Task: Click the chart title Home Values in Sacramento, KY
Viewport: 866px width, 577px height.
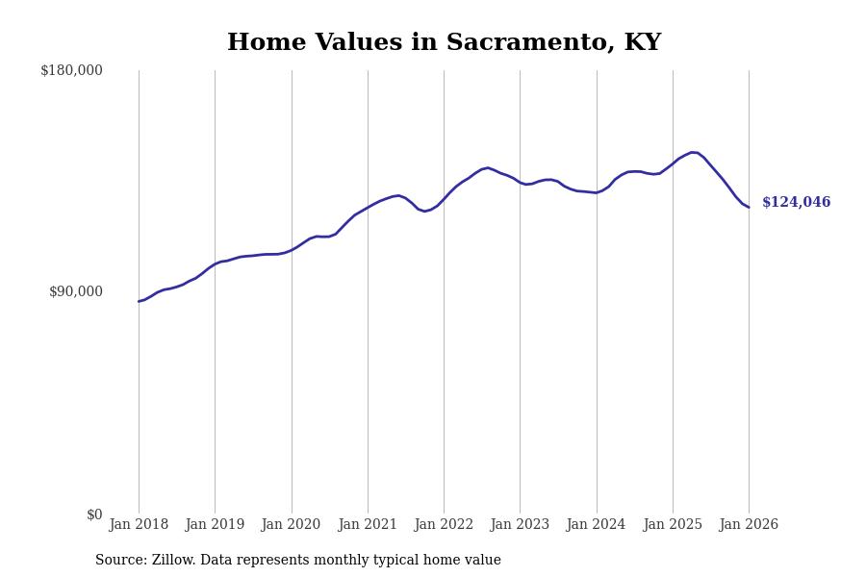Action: coord(444,43)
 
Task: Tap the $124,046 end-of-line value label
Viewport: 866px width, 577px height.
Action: coord(796,203)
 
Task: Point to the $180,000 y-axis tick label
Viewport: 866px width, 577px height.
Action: coord(71,70)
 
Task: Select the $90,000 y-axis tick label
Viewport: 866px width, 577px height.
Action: coord(75,291)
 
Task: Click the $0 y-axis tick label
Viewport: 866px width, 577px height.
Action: coord(94,514)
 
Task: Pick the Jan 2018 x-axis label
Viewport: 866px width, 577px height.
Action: coord(139,525)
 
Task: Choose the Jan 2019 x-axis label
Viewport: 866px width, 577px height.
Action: coord(215,525)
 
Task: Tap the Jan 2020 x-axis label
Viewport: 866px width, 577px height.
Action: coord(292,525)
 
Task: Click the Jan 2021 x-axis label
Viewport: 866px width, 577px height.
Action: coord(368,525)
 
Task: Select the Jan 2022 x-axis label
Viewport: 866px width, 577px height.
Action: coord(444,525)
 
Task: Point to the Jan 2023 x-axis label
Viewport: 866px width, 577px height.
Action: coord(520,525)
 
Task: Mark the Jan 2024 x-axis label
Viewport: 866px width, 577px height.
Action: coord(597,525)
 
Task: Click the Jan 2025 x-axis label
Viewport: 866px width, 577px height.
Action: coord(673,525)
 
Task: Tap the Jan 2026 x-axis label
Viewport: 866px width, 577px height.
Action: coord(749,525)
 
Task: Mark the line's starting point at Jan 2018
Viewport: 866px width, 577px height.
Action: coord(139,302)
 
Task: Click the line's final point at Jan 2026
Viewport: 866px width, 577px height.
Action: coord(749,207)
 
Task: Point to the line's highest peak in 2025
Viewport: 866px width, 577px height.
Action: coord(693,152)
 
